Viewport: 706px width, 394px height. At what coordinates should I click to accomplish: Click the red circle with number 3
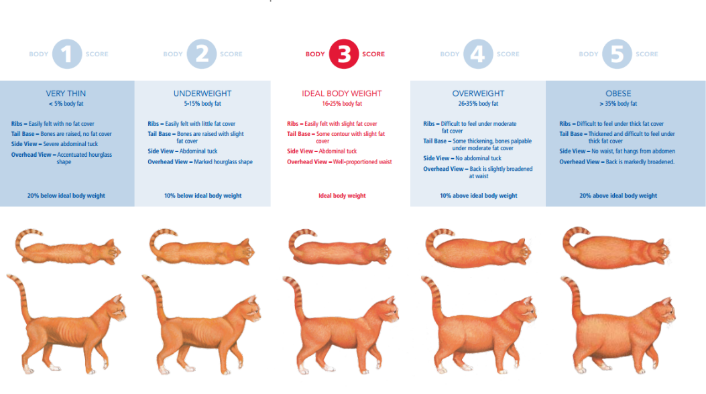[x=343, y=54]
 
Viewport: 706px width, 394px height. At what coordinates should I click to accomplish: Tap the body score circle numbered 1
[x=67, y=54]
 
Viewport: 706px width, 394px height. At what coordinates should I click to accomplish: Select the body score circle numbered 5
[x=617, y=54]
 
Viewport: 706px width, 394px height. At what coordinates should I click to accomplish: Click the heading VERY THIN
[x=66, y=94]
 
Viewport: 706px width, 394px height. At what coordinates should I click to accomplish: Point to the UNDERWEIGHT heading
[x=202, y=94]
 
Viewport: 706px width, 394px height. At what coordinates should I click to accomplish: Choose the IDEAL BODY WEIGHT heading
[x=342, y=94]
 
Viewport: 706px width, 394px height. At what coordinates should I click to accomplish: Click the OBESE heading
[x=618, y=94]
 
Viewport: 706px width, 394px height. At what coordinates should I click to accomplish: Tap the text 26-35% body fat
[x=478, y=104]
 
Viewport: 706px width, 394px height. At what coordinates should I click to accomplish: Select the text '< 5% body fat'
[x=66, y=104]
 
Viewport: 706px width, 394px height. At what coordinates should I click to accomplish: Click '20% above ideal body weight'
[x=618, y=196]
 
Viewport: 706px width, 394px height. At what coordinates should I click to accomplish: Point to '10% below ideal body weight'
[x=202, y=196]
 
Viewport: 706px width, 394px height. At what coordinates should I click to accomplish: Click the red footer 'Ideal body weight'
[x=342, y=196]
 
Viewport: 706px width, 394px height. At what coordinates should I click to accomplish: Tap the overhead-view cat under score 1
[x=68, y=247]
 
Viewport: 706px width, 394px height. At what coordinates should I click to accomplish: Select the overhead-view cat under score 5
[x=616, y=249]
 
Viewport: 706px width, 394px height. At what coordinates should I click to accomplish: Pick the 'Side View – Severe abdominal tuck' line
[x=54, y=144]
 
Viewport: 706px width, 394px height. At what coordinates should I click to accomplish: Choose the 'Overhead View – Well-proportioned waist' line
[x=339, y=162]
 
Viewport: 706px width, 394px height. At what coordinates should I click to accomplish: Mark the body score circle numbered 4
[x=478, y=54]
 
